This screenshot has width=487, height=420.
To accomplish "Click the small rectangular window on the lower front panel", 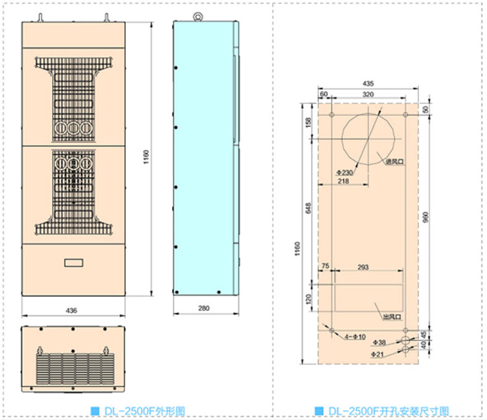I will pyautogui.click(x=73, y=262).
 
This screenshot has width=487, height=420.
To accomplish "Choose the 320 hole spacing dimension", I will pyautogui.click(x=368, y=94).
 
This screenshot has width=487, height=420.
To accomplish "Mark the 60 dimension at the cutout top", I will pyautogui.click(x=324, y=94).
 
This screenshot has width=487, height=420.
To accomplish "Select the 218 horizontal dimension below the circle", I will pyautogui.click(x=344, y=181).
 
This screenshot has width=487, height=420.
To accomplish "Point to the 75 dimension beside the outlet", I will pyautogui.click(x=325, y=267).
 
